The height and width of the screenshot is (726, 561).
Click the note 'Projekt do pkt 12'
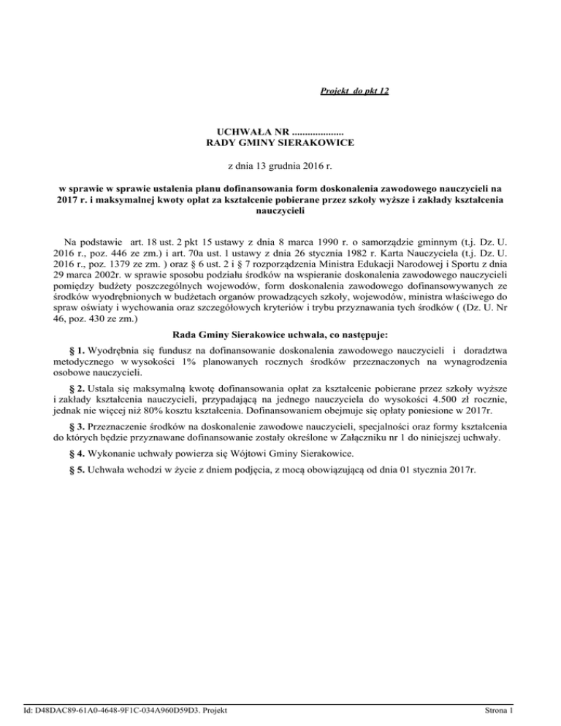(x=354, y=91)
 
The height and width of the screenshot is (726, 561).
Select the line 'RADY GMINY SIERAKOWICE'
(x=280, y=145)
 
